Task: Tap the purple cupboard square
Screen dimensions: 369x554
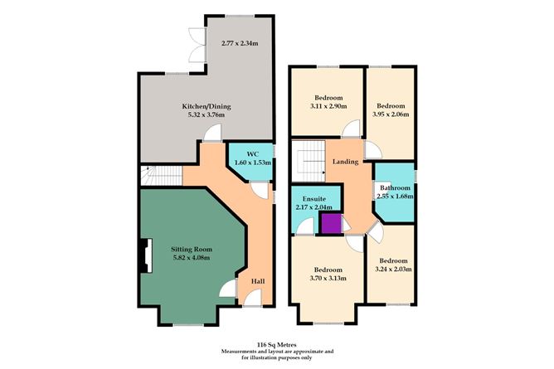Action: [330, 224]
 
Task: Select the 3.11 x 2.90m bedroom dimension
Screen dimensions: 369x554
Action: [325, 107]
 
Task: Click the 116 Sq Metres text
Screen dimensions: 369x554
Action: [276, 342]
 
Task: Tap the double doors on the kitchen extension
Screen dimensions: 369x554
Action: [196, 46]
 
